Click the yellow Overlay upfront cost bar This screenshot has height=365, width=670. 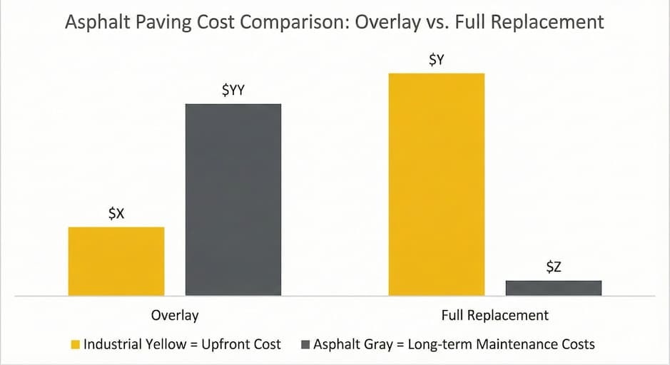pyautogui.click(x=116, y=261)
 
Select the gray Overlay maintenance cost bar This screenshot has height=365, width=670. pyautogui.click(x=233, y=200)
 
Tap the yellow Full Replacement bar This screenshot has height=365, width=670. pyautogui.click(x=436, y=184)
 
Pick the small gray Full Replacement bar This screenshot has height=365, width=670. pyautogui.click(x=554, y=287)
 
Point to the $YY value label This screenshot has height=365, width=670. pyautogui.click(x=233, y=91)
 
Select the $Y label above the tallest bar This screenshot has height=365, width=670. pyautogui.click(x=436, y=61)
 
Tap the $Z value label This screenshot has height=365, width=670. pyautogui.click(x=554, y=267)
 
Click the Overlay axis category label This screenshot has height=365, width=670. pyautogui.click(x=175, y=315)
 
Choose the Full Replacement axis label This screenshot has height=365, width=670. pyautogui.click(x=495, y=315)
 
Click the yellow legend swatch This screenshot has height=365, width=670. pyautogui.click(x=74, y=345)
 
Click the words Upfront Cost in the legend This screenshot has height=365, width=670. pyautogui.click(x=243, y=344)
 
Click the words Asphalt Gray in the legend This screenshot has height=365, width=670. pyautogui.click(x=352, y=344)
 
